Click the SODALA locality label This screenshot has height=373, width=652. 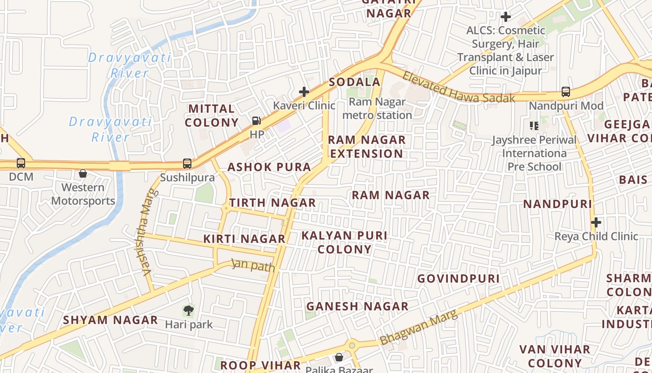[355, 82]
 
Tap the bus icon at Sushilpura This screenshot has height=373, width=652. [187, 164]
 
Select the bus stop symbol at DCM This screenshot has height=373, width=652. [21, 163]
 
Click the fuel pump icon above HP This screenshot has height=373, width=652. [257, 121]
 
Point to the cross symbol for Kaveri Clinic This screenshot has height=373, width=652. [304, 92]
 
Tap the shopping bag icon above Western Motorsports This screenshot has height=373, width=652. [83, 173]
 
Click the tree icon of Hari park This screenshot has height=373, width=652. [188, 310]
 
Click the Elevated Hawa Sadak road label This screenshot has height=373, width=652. [459, 87]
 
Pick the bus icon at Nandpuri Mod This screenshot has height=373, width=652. [566, 92]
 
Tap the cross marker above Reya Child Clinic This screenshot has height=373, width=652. [596, 222]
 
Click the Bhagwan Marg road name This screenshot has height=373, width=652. [419, 328]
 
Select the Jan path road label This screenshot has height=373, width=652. [254, 265]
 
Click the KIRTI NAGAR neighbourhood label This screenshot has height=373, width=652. [244, 239]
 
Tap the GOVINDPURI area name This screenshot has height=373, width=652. [458, 279]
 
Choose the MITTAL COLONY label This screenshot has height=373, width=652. [212, 116]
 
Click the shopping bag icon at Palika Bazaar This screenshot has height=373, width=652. [339, 358]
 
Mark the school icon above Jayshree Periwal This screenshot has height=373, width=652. [534, 125]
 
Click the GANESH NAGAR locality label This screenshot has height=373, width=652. [357, 306]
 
